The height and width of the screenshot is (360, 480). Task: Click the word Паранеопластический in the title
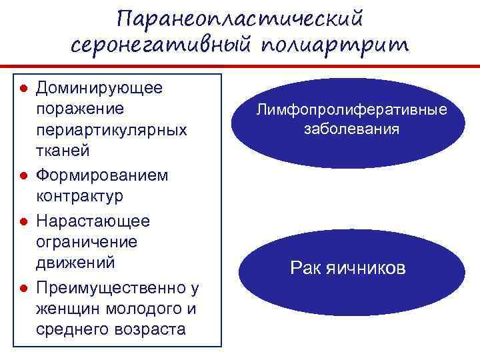coord(241,16)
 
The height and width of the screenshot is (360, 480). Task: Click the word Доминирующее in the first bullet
coord(99,87)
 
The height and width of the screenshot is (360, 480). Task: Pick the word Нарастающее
coord(93,220)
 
